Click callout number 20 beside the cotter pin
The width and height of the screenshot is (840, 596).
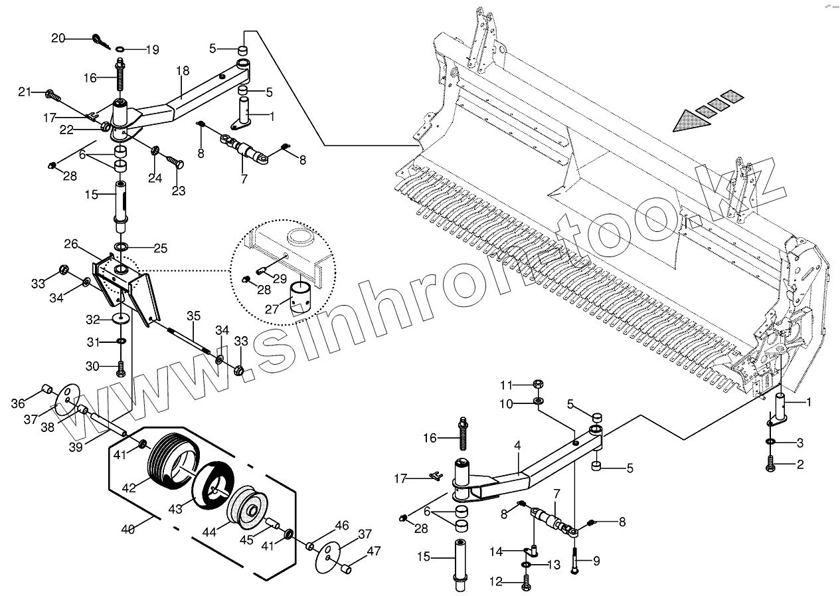coord(59,38)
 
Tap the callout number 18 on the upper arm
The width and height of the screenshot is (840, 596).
coord(183,70)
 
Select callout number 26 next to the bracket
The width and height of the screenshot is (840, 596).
coord(71,244)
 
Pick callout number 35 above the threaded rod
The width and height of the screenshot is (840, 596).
coord(193,315)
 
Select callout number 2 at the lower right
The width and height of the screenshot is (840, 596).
coord(800,464)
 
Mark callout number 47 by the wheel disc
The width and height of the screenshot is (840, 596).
coord(374,550)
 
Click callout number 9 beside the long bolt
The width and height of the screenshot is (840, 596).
coord(596,561)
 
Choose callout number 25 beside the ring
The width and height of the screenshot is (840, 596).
coord(160,248)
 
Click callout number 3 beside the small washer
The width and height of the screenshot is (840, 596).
coord(800,443)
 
